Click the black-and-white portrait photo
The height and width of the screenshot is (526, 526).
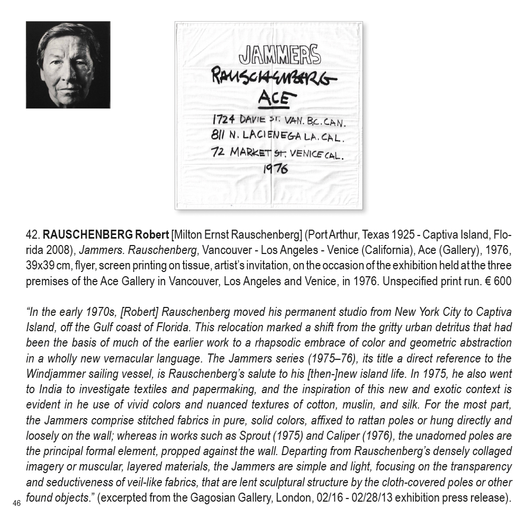click(68, 65)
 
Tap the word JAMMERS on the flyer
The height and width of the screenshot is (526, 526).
click(279, 55)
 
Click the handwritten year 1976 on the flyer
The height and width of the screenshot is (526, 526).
click(276, 169)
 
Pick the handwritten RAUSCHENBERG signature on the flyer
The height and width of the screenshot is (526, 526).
click(274, 78)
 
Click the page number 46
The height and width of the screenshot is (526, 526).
click(17, 503)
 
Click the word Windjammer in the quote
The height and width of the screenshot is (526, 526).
click(54, 374)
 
